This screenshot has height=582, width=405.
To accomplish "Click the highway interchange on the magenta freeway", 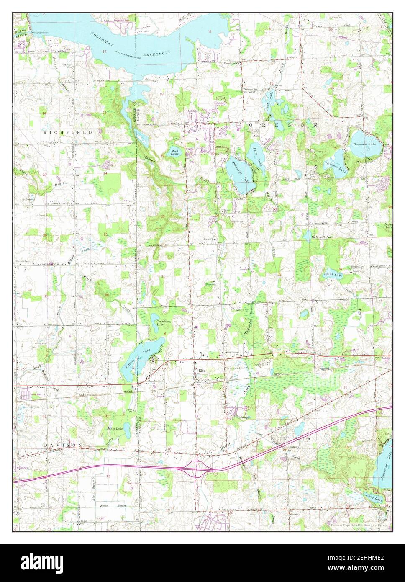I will coord(196,467).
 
